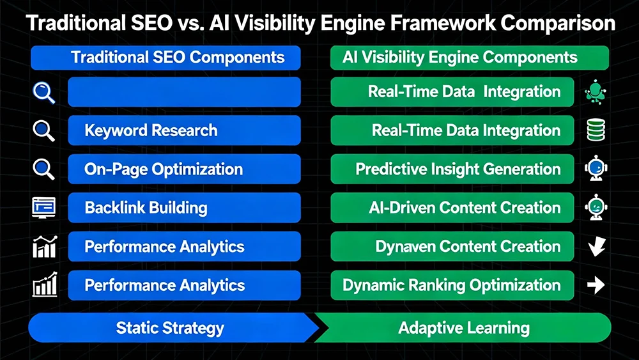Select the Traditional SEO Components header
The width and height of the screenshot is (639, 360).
click(166, 57)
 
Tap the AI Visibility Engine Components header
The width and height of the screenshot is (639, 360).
click(470, 57)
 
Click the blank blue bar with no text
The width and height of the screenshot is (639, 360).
click(184, 92)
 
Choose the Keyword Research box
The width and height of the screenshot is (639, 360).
click(184, 131)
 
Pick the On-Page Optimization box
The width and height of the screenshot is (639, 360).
click(184, 169)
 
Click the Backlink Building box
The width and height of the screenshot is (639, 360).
click(184, 208)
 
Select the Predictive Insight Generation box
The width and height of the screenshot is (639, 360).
click(455, 169)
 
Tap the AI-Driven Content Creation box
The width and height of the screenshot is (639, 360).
click(455, 208)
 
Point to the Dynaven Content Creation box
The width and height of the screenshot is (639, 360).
click(455, 247)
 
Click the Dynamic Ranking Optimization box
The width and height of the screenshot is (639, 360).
click(455, 285)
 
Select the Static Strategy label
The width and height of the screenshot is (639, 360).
click(170, 329)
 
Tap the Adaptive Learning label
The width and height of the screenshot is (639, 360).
click(464, 329)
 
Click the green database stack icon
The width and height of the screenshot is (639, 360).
click(596, 131)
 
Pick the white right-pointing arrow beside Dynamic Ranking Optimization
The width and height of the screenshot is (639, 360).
click(596, 285)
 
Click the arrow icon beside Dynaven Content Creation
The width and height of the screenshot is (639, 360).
click(596, 247)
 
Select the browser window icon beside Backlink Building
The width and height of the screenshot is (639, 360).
click(43, 207)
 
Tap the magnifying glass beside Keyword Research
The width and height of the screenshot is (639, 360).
click(43, 131)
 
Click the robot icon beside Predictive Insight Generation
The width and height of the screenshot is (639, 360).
click(596, 169)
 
